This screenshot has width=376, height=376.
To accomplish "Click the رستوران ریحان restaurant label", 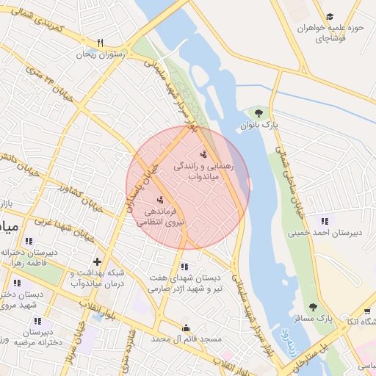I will click(101, 54).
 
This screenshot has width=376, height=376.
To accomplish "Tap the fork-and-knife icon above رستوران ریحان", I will click(101, 43).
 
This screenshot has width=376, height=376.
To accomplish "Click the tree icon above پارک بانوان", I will click(258, 112).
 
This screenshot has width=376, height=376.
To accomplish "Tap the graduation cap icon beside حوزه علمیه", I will click(330, 16).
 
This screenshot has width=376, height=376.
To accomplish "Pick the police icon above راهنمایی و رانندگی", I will click(203, 155).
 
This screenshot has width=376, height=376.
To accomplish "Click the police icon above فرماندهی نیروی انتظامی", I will click(160, 199).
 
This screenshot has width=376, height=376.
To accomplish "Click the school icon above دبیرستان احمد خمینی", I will click(324, 220).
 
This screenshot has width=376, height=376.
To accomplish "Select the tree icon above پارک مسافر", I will click(314, 307).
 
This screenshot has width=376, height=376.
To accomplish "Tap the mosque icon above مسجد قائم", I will click(187, 328).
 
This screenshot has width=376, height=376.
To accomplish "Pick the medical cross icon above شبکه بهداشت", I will click(96, 261).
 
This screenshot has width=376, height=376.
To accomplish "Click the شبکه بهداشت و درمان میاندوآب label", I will click(98, 278).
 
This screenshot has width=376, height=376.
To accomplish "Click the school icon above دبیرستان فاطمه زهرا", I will click(29, 241).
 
